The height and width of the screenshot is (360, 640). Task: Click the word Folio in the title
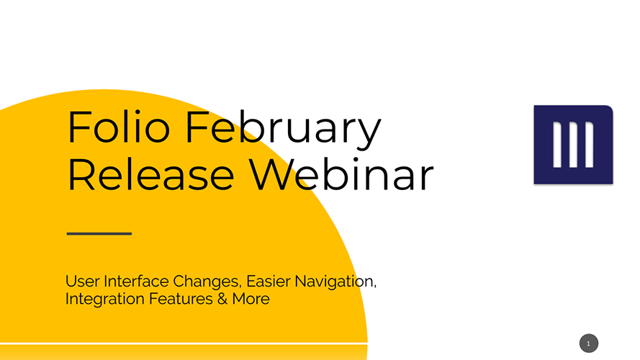(118, 127)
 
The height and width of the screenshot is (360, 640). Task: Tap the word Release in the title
(151, 175)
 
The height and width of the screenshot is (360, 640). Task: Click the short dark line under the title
(99, 233)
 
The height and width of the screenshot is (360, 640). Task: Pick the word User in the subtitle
(82, 282)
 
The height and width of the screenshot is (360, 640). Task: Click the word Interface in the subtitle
(136, 282)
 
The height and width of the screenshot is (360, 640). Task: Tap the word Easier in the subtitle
(269, 282)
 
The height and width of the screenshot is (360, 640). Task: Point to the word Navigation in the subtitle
(335, 282)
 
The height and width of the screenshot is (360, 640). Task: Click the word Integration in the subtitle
(105, 300)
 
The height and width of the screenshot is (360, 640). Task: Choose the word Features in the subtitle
(181, 299)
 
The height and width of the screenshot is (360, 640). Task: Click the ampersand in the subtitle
(222, 299)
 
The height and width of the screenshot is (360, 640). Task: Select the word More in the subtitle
(251, 299)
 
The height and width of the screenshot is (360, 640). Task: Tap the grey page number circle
(589, 343)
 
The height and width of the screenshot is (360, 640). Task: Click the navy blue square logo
(574, 145)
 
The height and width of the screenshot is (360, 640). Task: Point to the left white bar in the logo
(557, 145)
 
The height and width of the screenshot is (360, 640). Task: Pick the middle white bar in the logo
(573, 145)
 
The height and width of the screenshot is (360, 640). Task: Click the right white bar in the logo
(590, 145)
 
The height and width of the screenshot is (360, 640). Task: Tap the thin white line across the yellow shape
(184, 343)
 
